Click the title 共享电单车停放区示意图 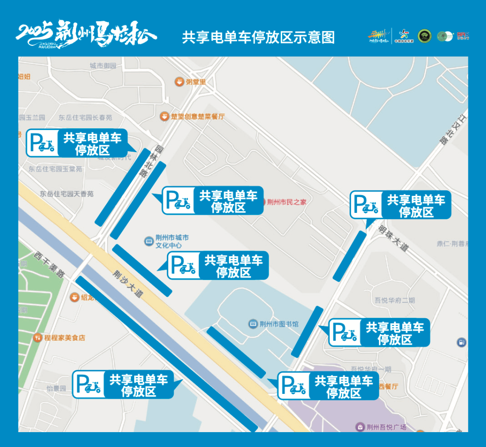coord(258,37)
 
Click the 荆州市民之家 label coord(286,202)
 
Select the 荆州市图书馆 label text coord(279,324)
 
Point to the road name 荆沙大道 coord(128,284)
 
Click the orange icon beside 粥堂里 coord(179,82)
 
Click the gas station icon coord(461,343)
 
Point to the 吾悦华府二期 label coord(395,300)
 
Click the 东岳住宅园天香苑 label coord(66,194)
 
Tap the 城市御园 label coord(103,66)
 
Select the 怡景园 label coord(56,388)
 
